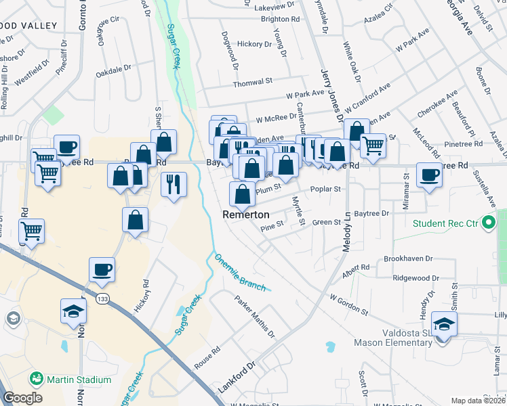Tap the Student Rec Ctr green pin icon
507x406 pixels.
488,223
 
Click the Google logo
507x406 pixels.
22,398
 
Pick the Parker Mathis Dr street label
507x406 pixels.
255,315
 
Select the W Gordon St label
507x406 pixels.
348,304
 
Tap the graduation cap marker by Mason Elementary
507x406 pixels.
444,325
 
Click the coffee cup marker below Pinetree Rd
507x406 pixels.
430,175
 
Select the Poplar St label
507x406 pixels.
325,189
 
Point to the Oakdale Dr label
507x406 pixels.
113,70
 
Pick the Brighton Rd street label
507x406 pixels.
280,20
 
